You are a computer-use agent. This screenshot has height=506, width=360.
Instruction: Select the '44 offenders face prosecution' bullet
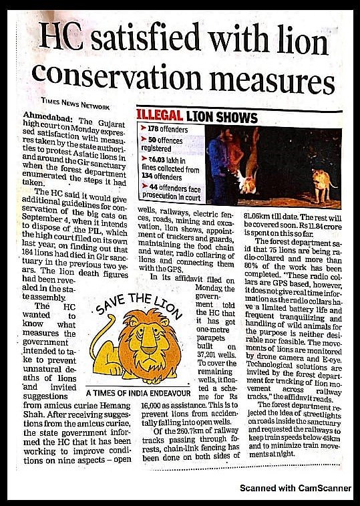click(x=170, y=193)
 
